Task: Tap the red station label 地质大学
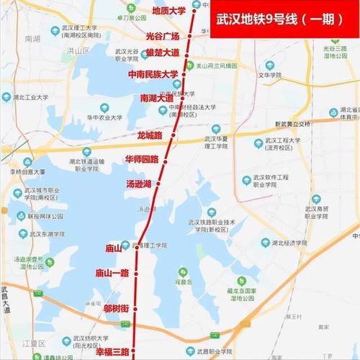(x=169, y=11)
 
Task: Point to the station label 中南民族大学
(x=153, y=74)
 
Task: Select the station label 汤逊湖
(x=138, y=184)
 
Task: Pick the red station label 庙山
(x=114, y=248)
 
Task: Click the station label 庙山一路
(x=112, y=273)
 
